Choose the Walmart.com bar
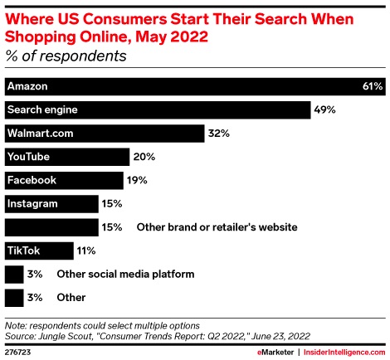[105, 133]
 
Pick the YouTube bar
[67, 156]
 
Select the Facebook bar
[65, 179]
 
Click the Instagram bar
[51, 202]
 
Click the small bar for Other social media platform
[13, 273]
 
